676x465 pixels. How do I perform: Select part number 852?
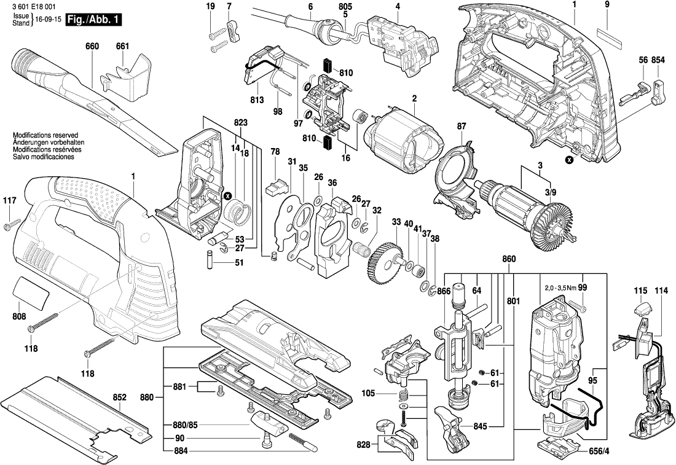[119, 397]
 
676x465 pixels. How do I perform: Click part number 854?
[658, 60]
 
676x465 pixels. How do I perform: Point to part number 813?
[256, 100]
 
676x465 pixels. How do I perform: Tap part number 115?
[641, 289]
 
